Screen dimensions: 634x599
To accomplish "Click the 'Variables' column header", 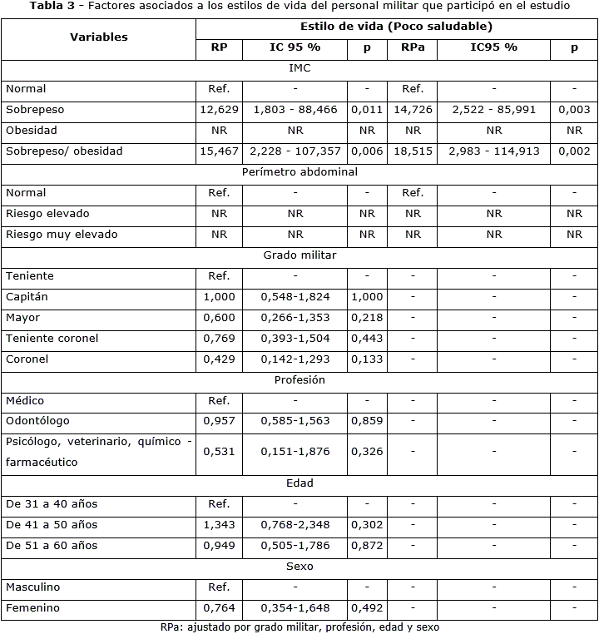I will coord(98,37).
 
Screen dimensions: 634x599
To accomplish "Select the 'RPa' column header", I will coord(413,47).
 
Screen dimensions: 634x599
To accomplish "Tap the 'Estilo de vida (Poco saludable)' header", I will coord(396,27).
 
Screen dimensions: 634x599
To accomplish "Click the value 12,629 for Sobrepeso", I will coord(220,110).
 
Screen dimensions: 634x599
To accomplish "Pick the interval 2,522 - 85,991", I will coord(494,110).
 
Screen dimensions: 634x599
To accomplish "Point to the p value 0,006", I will coord(367,151).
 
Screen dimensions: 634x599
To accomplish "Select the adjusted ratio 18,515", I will coord(413,151).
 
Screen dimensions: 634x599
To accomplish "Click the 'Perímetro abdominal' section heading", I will coord(299,172).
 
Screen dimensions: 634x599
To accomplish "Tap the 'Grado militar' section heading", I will coord(299,255).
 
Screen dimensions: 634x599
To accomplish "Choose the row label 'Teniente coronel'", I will coord(52,339).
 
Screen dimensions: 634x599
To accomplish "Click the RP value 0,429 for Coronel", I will coord(220,359).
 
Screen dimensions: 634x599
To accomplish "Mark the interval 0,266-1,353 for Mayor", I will coord(295,318).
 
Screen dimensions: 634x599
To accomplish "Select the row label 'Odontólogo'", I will coord(37,421).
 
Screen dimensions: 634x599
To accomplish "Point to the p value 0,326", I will coord(367,452).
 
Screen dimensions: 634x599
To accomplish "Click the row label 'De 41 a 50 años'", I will coord(52,525).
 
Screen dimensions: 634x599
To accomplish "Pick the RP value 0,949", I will coord(220,546).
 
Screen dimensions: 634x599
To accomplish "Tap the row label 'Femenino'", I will coord(32,608).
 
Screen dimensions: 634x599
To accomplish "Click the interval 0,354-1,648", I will coord(295,608).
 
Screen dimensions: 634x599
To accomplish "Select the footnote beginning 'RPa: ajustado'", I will coord(299,627).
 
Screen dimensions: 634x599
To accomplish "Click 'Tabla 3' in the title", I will coord(51,6).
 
